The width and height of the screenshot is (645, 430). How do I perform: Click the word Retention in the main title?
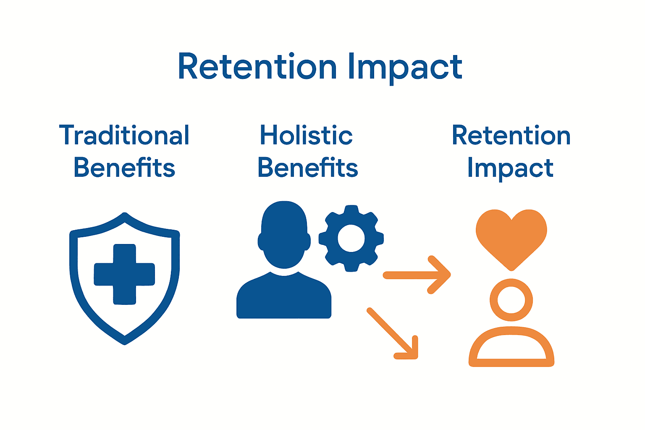coord(257,67)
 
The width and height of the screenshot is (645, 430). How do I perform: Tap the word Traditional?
coord(124,135)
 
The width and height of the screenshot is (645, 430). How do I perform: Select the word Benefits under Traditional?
coord(124,168)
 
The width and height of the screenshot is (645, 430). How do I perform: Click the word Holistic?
coord(306,135)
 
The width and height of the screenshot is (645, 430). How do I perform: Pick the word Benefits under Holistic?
coord(307,168)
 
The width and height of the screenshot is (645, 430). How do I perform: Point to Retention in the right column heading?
coord(511,135)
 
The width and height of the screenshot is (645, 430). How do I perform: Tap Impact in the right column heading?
coord(510,168)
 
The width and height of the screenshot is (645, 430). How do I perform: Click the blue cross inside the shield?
coord(125,274)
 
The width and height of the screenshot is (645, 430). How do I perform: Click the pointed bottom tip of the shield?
coord(125,341)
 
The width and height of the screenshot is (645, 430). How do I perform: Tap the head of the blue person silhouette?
coord(284,233)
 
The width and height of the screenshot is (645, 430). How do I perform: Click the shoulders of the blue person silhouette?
coord(284,298)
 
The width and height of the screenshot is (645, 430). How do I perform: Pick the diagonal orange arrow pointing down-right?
coord(393,334)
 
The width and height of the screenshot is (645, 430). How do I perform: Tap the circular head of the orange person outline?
coord(511,300)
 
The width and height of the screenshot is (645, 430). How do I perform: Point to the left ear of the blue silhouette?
coord(261,241)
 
